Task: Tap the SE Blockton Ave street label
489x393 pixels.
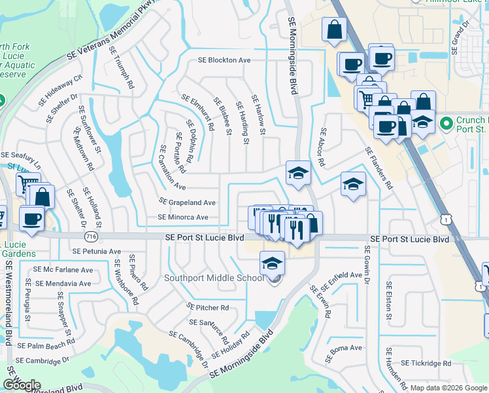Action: tap(225, 60)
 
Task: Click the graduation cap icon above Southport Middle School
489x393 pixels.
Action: tap(272, 263)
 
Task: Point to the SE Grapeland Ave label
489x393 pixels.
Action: tap(188, 202)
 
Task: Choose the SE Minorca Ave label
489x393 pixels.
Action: tap(183, 217)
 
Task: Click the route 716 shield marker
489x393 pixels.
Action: tap(86, 234)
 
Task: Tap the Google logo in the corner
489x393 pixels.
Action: tap(22, 385)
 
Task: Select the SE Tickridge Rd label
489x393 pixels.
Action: tap(426, 363)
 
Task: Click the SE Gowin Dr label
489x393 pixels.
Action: tap(367, 267)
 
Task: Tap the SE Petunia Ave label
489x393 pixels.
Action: tap(97, 251)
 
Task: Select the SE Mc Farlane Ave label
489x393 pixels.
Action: tap(64, 270)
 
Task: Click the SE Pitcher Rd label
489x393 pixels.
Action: tap(207, 307)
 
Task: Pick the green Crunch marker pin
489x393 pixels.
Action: tap(446, 123)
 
